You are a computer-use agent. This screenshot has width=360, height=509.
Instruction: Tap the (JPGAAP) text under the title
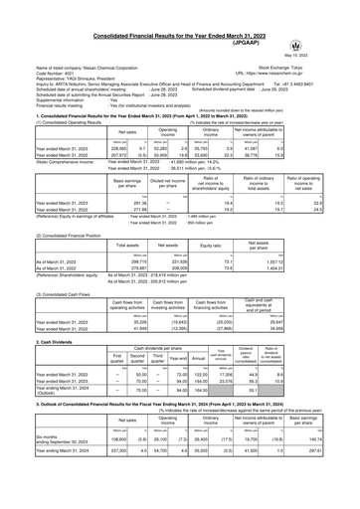coord(180,17)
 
